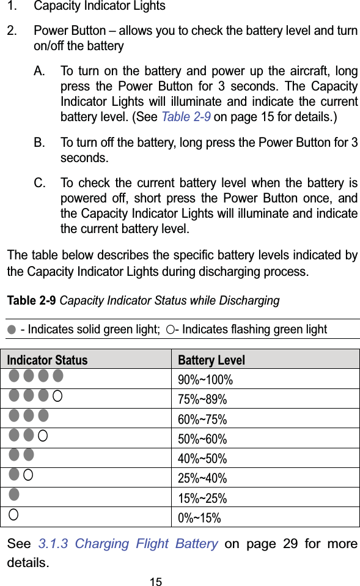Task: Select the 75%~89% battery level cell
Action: [202, 399]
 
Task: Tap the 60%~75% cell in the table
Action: [202, 419]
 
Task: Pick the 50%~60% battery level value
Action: [202, 439]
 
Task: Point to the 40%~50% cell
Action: [202, 458]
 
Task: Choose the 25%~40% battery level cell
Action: [202, 478]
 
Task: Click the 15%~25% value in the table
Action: [202, 498]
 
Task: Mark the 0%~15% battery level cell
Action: [199, 518]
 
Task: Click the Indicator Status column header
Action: [47, 360]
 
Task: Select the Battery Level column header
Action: [211, 360]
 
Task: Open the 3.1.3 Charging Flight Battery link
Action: [128, 543]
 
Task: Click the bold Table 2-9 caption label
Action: [32, 301]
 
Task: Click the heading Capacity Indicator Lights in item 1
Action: [100, 6]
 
